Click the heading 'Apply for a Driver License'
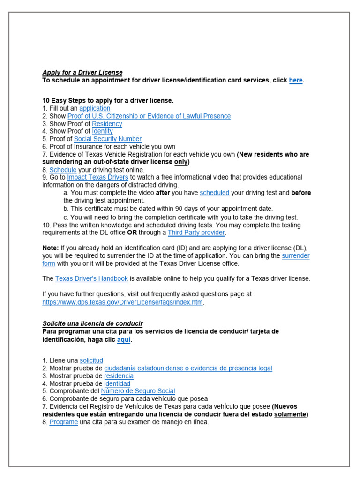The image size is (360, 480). point(82,72)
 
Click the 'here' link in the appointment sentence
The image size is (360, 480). point(295,80)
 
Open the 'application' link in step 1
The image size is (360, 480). point(95,108)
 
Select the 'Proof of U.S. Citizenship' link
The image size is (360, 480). point(149,116)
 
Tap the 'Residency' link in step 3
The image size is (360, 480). point(107,124)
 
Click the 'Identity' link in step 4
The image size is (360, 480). point(102,131)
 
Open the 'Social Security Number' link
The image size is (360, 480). point(107,139)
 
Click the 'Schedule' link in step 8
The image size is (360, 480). point(63,170)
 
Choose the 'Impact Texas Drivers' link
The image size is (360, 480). point(97,177)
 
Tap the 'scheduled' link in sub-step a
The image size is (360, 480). point(214,193)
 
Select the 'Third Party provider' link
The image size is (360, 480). point(196,232)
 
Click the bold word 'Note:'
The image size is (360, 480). point(51,247)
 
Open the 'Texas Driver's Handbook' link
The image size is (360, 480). point(91,278)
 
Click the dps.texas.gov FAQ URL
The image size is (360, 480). point(122,302)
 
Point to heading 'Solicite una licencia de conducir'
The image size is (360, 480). point(93,323)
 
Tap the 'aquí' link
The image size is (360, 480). point(124,340)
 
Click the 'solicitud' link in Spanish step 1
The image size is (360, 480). point(91,360)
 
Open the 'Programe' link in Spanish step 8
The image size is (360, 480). point(64,422)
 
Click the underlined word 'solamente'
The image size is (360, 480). point(290,414)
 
